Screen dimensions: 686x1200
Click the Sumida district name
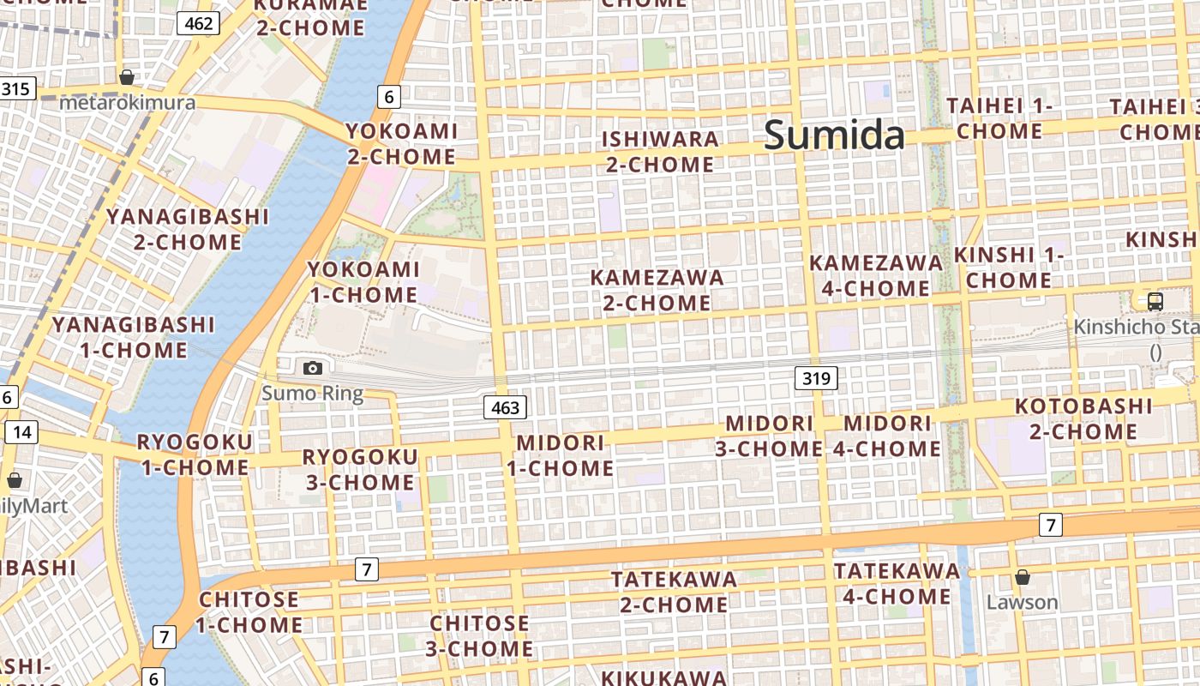[833, 135]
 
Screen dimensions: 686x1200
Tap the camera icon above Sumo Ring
[313, 368]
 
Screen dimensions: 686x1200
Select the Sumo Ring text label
[313, 394]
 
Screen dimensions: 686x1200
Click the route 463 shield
[505, 407]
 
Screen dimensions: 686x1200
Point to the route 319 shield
[816, 377]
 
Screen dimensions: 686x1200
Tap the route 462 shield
[198, 23]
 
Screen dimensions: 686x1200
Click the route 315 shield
[15, 88]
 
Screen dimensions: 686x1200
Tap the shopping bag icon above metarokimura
[127, 77]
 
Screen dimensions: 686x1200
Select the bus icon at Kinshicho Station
[1155, 301]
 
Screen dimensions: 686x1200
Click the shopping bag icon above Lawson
[1022, 576]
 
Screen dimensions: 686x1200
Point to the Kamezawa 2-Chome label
[657, 290]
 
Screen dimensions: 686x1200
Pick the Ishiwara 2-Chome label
[660, 152]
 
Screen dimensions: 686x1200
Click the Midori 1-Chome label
[561, 455]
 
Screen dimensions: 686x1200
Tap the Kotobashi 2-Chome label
[1083, 418]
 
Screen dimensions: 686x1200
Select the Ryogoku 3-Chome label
[360, 469]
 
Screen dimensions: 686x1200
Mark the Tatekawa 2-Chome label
[674, 592]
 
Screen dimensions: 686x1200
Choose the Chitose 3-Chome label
[479, 635]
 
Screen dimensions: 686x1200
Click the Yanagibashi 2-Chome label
[188, 229]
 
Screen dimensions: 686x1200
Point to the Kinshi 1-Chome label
[1009, 268]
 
